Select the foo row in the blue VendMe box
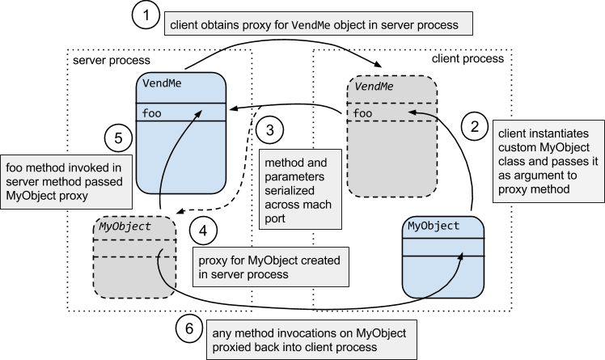click(x=152, y=112)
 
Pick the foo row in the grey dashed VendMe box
click(x=363, y=113)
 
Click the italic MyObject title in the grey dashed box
click(x=125, y=227)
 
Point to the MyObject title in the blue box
click(x=434, y=226)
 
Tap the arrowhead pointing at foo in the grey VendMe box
click(x=412, y=114)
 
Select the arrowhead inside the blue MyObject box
click(x=463, y=255)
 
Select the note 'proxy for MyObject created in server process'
click(x=269, y=268)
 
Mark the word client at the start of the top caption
click(x=184, y=25)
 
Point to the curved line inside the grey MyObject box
click(x=167, y=269)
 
